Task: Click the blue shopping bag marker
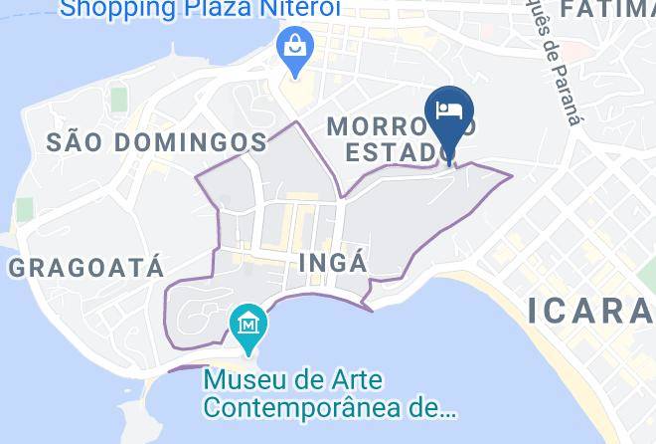point(295,47)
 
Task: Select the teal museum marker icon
point(245,325)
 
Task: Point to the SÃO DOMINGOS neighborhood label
point(157,142)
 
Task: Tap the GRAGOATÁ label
point(85,267)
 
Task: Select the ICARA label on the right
point(592,311)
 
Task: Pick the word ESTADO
point(393,152)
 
